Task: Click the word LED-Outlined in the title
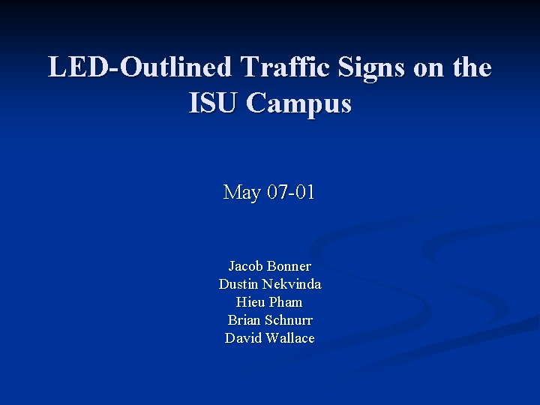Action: point(140,67)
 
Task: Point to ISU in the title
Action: point(214,103)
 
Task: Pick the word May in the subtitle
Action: point(241,193)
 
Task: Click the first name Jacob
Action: point(246,266)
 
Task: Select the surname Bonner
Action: point(289,266)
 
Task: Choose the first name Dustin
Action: point(238,284)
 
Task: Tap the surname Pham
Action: point(286,302)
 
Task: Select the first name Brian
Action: point(244,320)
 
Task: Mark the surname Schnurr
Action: point(288,320)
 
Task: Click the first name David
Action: point(242,338)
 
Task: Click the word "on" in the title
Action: point(430,68)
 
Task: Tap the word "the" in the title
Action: point(472,67)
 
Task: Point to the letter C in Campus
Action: point(258,103)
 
